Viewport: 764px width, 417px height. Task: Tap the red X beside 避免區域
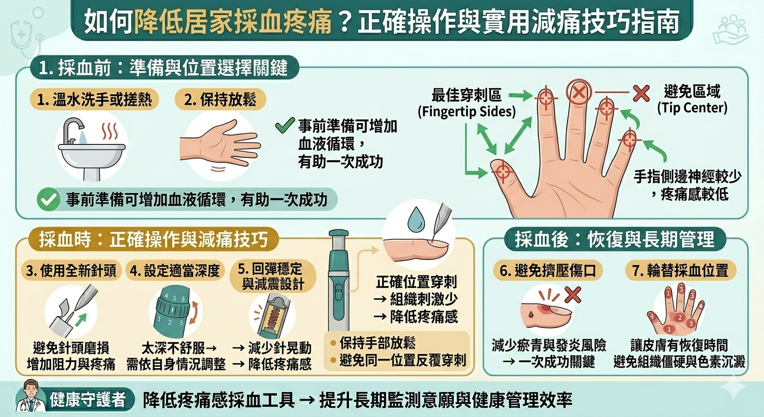641,93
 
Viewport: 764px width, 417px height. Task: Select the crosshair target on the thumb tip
502,170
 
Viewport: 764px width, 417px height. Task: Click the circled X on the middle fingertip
579,92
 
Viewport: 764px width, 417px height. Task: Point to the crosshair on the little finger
629,140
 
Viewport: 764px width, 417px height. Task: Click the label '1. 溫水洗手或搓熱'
94,100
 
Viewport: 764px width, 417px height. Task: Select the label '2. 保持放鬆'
220,100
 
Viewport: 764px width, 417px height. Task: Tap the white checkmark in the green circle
48,199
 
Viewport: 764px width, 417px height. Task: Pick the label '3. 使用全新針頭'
71,271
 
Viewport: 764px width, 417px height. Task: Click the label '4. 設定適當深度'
175,271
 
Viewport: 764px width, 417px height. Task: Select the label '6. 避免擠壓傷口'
547,271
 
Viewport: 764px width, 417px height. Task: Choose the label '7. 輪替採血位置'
680,271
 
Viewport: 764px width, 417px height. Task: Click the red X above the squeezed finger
572,295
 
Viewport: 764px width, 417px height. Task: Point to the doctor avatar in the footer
31,396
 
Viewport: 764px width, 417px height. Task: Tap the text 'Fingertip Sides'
467,112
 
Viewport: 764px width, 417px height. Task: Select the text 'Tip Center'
692,108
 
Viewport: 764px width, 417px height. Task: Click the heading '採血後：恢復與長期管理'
615,239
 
